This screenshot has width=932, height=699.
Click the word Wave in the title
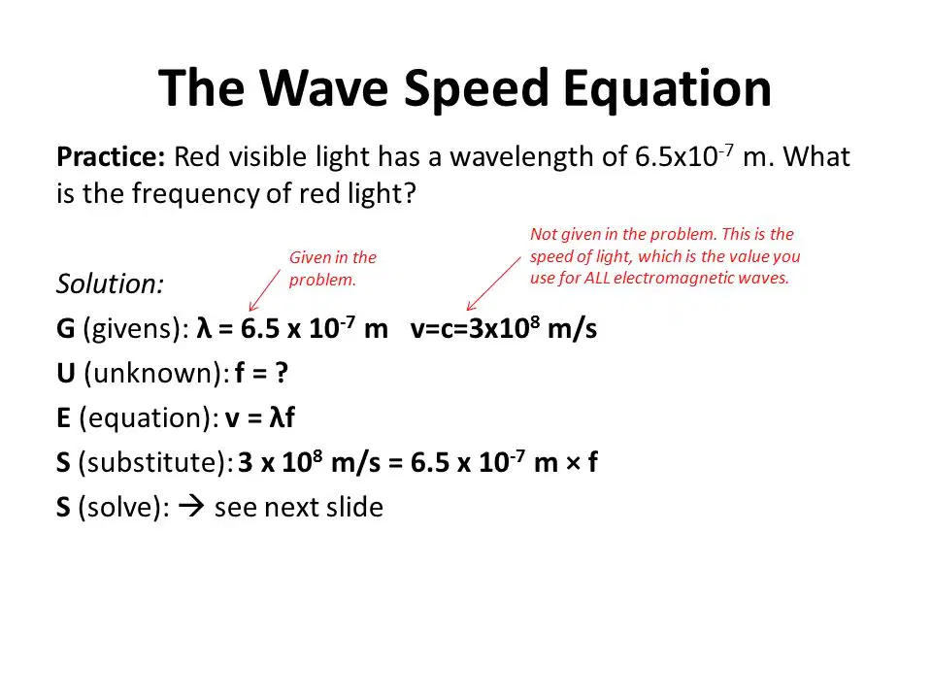click(x=323, y=87)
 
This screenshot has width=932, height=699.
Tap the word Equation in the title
click(x=667, y=89)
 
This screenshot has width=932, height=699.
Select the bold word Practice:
click(x=111, y=156)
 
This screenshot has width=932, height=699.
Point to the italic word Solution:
click(x=110, y=283)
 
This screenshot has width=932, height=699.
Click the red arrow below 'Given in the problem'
click(x=264, y=290)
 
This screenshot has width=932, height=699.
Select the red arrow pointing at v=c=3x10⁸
click(x=494, y=283)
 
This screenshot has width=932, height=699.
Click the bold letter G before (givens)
click(x=66, y=328)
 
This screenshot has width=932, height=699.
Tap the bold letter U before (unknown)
click(x=66, y=373)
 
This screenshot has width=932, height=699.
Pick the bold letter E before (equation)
click(x=64, y=417)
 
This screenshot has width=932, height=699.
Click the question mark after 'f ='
click(x=281, y=373)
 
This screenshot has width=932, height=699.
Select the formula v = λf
click(x=260, y=417)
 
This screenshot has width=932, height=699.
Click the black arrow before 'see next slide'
click(x=191, y=507)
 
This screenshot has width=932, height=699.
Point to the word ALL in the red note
click(x=597, y=278)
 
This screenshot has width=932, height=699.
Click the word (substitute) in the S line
click(x=152, y=462)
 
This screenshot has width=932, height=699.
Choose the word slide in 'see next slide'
click(x=355, y=507)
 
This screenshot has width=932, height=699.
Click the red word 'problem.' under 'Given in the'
click(x=322, y=280)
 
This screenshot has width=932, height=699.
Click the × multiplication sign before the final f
click(x=573, y=463)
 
